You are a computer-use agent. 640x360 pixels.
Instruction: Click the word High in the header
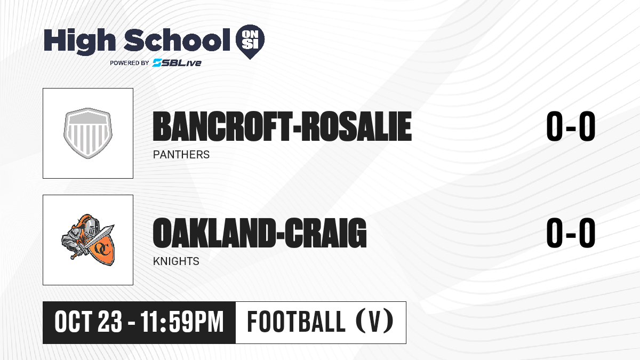point(79,42)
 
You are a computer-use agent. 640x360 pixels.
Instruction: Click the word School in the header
point(177,39)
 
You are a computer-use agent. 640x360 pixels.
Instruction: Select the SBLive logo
point(177,62)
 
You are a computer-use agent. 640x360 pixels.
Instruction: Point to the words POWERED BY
point(130,63)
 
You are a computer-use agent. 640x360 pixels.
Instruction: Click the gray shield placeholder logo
point(88,133)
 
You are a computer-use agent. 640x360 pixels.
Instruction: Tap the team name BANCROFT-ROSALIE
point(282,126)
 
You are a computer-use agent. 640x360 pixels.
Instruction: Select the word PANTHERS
point(181,155)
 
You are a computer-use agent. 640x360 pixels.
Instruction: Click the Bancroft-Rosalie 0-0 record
point(571,126)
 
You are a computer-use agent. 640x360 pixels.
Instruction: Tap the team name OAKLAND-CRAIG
point(260,233)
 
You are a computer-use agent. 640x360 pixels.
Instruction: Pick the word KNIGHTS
point(176,261)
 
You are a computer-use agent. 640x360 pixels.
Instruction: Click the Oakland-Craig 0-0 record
point(571,233)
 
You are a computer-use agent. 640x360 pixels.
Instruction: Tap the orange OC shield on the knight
point(103,249)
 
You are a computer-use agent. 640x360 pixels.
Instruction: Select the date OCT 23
point(89,322)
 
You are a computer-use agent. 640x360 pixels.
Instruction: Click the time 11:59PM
point(182,322)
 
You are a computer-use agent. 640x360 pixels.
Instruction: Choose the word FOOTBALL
point(296,322)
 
